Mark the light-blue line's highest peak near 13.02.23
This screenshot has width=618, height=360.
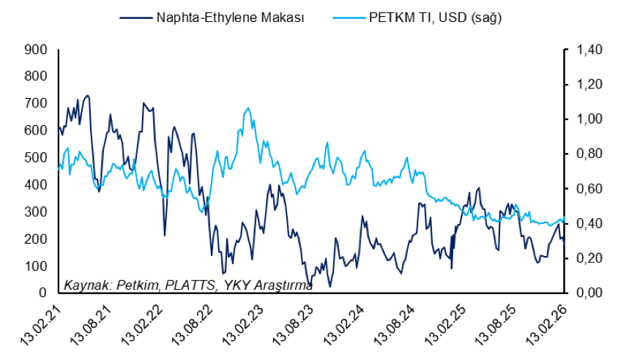click(x=248, y=108)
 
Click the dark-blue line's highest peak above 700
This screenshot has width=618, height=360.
click(x=88, y=95)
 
